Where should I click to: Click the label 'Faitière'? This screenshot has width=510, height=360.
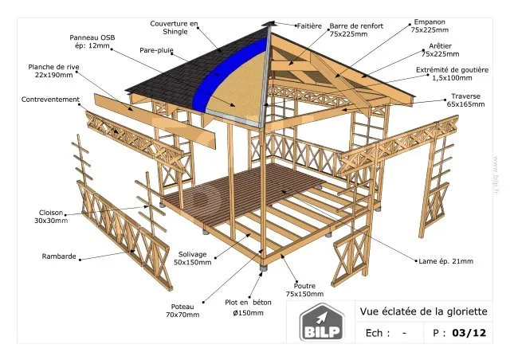309,26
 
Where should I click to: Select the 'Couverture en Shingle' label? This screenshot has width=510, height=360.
174,28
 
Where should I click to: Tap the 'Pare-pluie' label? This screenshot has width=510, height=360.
156,50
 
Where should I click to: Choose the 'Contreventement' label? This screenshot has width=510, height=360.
50,100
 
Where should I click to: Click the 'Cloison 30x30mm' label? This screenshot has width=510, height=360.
51,217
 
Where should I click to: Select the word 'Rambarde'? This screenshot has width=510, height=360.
59,256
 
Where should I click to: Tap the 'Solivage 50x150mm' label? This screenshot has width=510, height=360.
192,258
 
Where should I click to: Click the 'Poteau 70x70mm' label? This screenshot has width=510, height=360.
182,311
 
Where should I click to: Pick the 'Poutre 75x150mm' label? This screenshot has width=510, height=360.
304,290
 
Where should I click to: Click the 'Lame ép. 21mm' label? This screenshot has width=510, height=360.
446,261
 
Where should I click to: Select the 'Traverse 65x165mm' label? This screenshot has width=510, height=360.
465,100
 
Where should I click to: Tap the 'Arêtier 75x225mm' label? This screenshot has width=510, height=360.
441,49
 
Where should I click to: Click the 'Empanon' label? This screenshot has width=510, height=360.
430,22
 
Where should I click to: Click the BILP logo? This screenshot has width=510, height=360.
322,323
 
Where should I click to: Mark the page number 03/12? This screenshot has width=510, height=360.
469,333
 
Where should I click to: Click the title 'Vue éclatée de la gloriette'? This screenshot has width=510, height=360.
423,311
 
